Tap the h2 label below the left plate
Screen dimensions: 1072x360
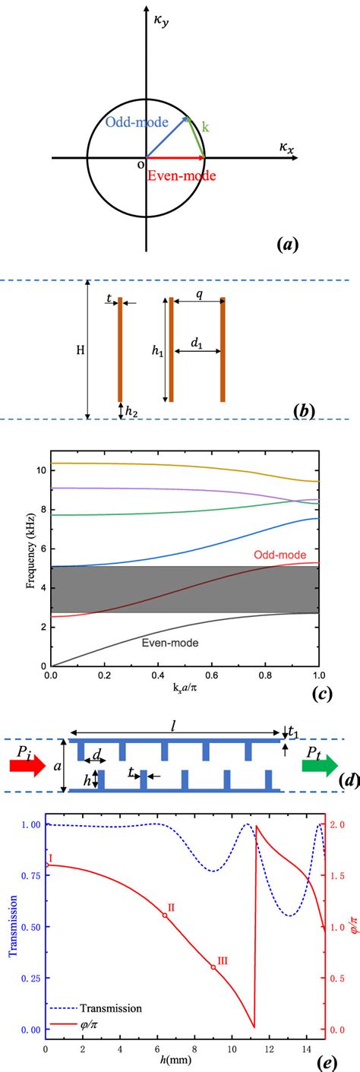[x=125, y=411]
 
